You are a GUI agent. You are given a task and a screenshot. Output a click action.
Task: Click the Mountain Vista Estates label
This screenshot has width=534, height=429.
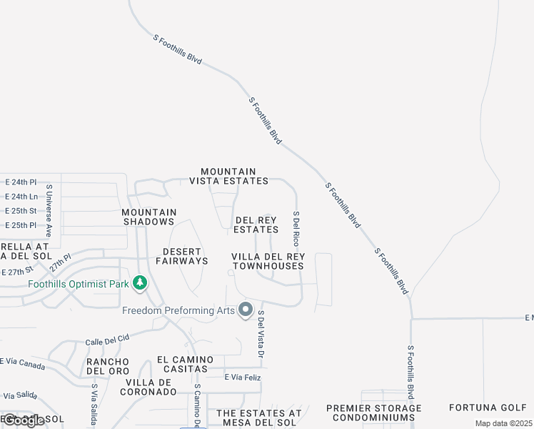coord(228,176)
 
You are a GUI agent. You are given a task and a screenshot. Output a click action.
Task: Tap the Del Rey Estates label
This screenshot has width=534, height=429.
coord(256,225)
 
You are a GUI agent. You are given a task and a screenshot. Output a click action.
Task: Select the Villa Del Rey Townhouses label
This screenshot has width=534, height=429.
coord(268,261)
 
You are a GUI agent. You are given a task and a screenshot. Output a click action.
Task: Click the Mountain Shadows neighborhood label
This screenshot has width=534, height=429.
coord(148,217)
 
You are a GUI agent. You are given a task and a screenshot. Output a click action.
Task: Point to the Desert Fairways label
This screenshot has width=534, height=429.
coord(175,256)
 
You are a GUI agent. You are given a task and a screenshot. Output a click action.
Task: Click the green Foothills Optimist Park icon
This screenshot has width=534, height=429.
coord(141,283)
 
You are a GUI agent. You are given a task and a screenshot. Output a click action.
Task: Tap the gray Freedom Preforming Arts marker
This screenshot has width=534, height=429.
coord(246,310)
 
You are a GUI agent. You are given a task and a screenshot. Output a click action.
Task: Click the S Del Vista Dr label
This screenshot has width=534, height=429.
coord(261,335)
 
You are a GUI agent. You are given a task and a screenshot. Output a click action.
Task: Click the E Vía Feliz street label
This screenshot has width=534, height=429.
coord(243,377)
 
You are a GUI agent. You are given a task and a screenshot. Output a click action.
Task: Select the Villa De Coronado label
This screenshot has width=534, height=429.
coord(148,386)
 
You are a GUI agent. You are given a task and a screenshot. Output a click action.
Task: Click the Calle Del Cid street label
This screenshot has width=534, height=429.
coord(107,339)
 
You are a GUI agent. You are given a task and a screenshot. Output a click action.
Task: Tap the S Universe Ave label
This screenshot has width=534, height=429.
coord(49,212)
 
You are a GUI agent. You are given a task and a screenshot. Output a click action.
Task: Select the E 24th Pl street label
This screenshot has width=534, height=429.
coord(20,182)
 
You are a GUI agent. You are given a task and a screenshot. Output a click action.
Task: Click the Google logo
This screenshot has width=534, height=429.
coord(24,420)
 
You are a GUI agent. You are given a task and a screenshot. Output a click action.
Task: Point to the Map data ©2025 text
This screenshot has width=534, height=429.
coord(503,423)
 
